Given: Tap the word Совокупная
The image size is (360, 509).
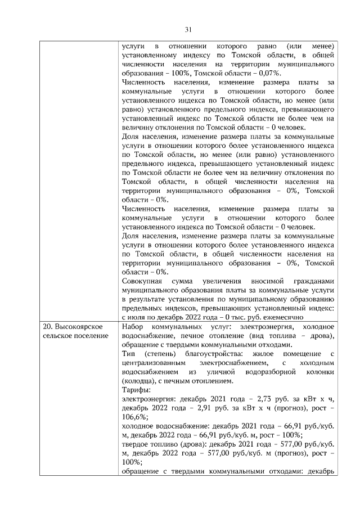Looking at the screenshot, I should pyautogui.click(x=142, y=281).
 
